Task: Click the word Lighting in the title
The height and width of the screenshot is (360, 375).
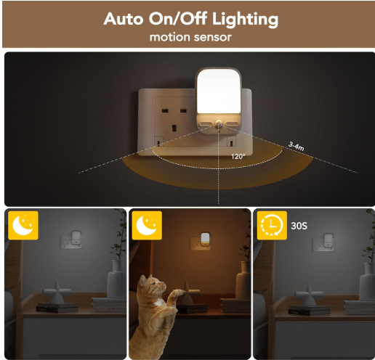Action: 245,19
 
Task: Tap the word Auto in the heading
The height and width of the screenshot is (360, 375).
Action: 124,19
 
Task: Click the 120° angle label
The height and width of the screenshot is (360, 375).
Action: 238,157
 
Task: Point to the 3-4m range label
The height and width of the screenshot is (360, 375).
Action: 296,146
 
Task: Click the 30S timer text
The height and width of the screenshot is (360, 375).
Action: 299,226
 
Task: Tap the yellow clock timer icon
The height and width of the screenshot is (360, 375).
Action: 272,225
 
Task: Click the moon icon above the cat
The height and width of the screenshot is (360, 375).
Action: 147,225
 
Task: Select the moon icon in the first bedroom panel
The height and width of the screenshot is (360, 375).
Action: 23,225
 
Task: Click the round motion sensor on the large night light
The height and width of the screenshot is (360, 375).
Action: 219,124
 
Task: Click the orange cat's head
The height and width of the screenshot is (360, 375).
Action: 152,285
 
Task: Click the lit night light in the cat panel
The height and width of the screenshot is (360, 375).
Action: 205,240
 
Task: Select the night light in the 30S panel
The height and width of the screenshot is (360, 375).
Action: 328,240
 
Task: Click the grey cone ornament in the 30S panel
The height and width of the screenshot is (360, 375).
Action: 309,295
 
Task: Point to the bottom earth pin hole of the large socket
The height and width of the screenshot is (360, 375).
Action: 174,128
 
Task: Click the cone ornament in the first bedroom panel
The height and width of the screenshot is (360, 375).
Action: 57,292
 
